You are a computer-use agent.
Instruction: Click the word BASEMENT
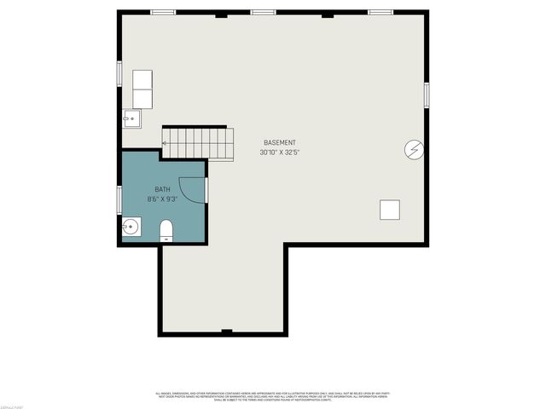click(280, 142)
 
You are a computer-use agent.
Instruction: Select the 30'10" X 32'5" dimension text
click(280, 153)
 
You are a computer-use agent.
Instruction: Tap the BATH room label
click(162, 189)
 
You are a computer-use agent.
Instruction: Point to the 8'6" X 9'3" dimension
click(162, 199)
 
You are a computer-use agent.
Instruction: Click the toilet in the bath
click(166, 230)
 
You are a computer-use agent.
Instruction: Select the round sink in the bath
click(131, 227)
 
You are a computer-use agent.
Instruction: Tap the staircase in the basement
click(198, 142)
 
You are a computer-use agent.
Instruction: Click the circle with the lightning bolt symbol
click(413, 149)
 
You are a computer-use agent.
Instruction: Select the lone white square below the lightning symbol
click(390, 210)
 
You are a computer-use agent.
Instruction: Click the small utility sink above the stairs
click(132, 118)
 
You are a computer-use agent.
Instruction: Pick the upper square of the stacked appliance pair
click(142, 80)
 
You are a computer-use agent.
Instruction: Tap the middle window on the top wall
click(264, 12)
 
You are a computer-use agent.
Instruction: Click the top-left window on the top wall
click(163, 12)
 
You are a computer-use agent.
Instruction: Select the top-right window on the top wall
click(380, 12)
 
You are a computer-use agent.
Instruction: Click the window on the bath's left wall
click(119, 198)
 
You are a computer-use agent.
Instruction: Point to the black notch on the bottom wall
click(226, 331)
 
